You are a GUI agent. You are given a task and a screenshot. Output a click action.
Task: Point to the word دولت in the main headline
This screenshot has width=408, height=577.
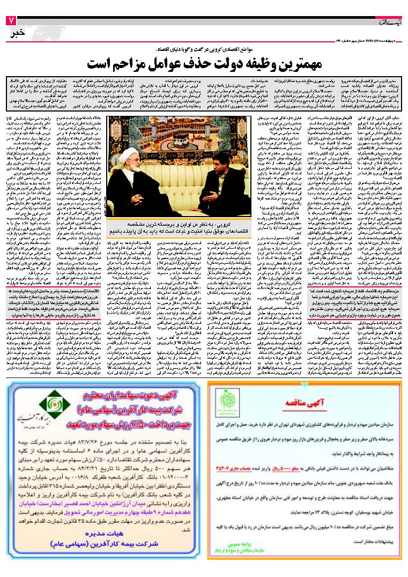tap(223, 62)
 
